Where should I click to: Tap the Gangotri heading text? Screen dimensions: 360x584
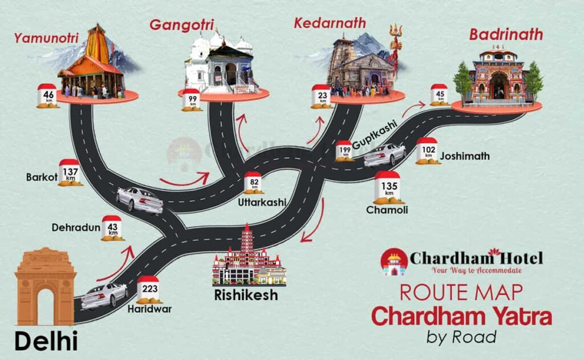coord(181,25)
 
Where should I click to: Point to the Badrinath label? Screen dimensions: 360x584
coord(506,34)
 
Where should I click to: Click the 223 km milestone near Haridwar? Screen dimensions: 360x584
coord(149,289)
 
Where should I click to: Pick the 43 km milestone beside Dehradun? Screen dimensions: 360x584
coord(112,228)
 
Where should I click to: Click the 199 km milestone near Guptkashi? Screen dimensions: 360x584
coord(344,151)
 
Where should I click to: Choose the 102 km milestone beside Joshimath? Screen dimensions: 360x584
coord(428,151)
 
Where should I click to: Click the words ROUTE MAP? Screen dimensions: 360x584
coord(461,292)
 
